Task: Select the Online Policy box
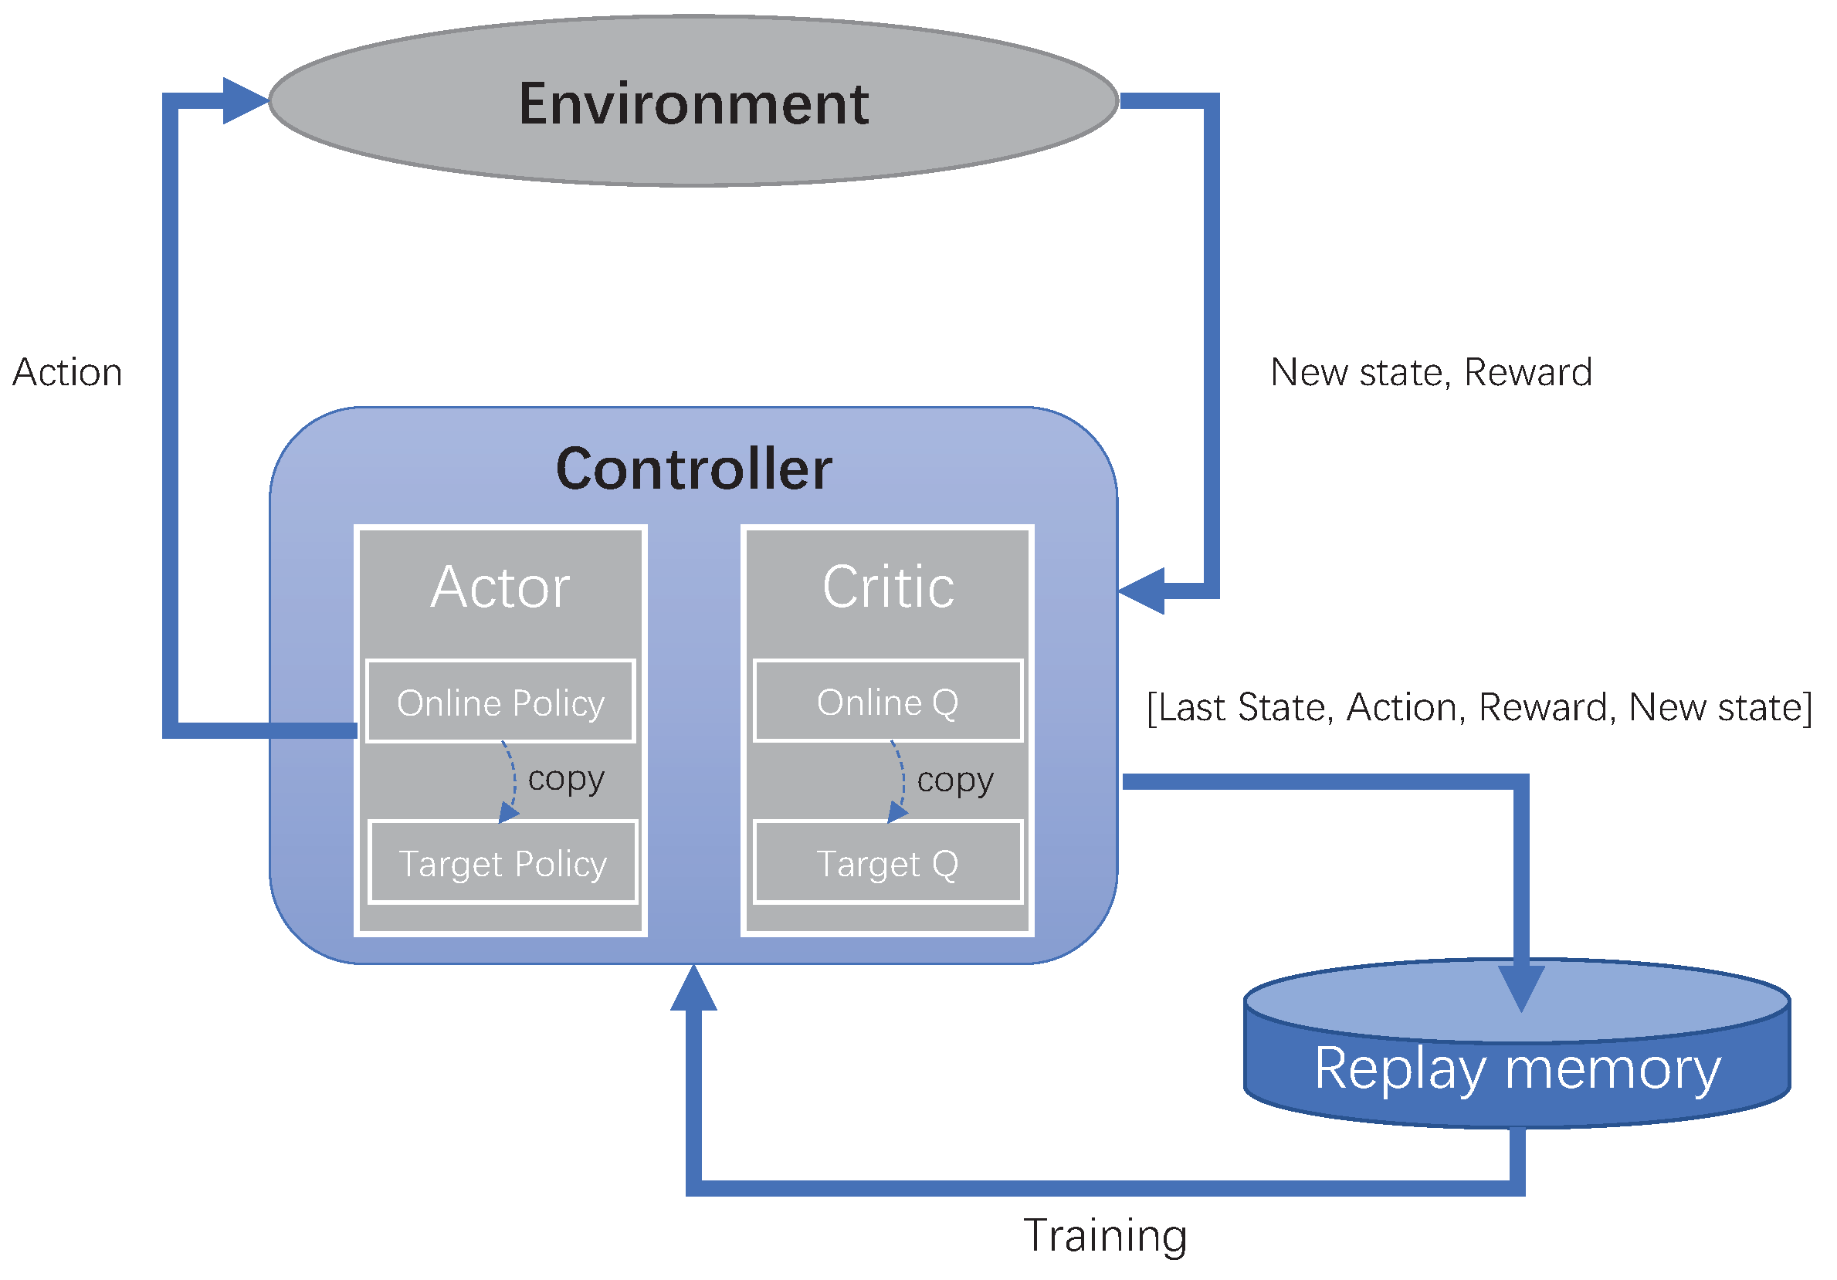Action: click(500, 703)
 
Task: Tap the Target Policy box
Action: click(503, 863)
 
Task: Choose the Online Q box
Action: click(887, 702)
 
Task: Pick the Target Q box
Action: click(887, 863)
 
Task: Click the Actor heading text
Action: click(500, 588)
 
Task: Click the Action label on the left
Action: click(67, 373)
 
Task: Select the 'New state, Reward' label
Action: click(1431, 373)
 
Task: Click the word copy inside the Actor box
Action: click(566, 779)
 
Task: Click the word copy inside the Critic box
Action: click(954, 781)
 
